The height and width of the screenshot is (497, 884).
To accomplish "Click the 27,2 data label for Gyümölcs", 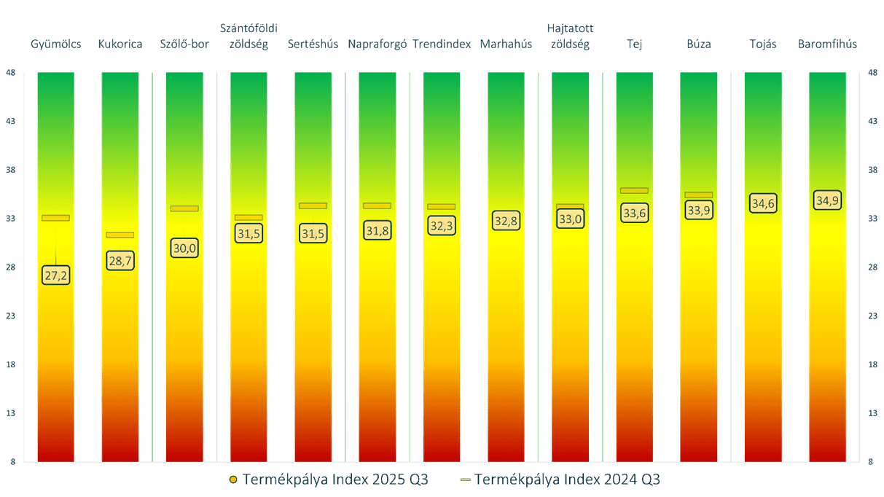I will (56, 275).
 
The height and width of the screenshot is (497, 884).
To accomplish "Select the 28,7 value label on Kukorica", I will (120, 260).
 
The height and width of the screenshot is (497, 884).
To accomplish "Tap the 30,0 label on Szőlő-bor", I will (184, 248).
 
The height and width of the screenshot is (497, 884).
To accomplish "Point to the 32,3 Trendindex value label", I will (442, 226).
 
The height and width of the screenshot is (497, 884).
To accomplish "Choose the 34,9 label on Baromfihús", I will (827, 200).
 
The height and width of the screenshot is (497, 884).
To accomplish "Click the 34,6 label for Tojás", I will (763, 203).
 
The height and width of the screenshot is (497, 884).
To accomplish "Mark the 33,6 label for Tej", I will (634, 213).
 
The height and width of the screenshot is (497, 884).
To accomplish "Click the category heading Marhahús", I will (506, 44).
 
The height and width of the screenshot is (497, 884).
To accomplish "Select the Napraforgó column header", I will (377, 44).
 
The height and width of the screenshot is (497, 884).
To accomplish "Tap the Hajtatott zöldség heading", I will (570, 36).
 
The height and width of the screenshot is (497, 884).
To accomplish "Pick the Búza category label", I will (698, 44).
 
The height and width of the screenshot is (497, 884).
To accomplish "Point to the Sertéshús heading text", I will (313, 44).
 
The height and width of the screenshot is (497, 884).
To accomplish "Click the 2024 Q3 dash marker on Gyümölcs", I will (56, 218).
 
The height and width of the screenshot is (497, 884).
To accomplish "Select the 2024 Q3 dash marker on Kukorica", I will (120, 235).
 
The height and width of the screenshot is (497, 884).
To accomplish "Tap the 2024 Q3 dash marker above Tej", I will (634, 190).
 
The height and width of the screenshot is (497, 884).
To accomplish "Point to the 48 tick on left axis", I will (10, 72).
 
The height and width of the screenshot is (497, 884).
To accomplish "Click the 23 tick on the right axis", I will (872, 316).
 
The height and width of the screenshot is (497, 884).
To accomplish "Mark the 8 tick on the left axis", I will (10, 462).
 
